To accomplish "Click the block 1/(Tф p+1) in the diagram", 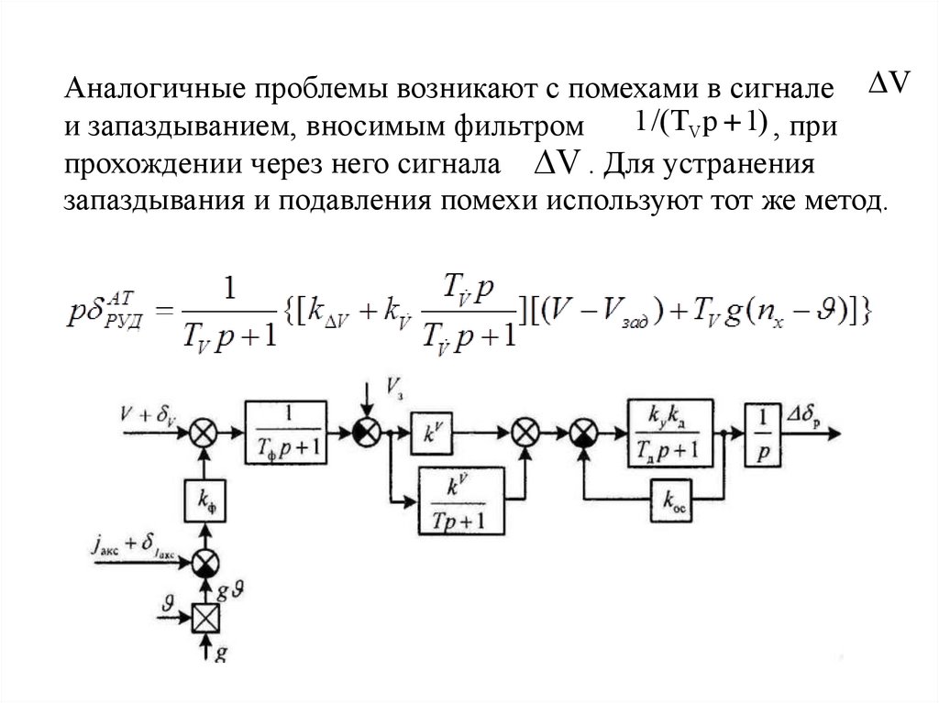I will tap(285, 428).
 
